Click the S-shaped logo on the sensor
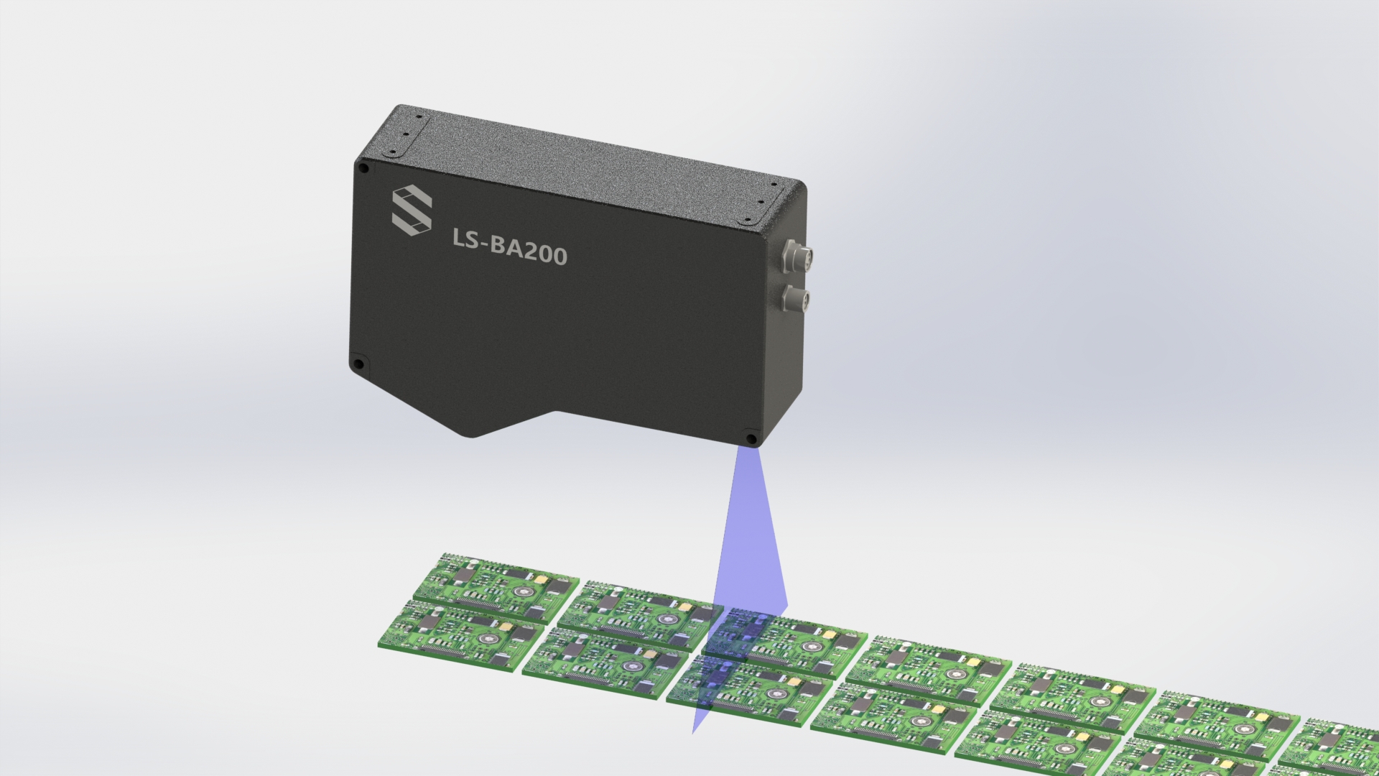click(x=412, y=209)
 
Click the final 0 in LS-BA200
click(x=557, y=257)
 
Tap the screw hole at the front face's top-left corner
click(x=364, y=168)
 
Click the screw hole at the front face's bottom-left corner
click(x=358, y=363)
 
